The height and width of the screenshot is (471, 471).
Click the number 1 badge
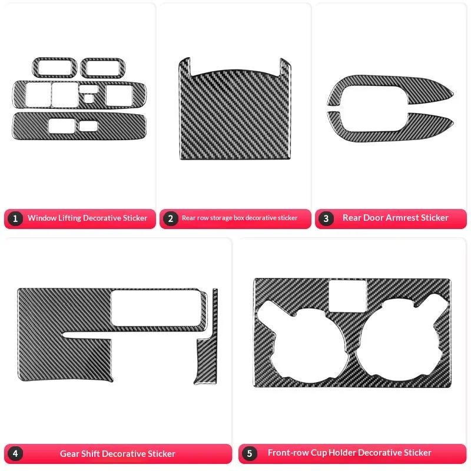pyautogui.click(x=16, y=218)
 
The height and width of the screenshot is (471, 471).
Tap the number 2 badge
pyautogui.click(x=171, y=218)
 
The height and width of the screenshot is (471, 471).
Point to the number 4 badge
pyautogui.click(x=16, y=454)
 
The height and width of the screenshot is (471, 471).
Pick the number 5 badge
pyautogui.click(x=250, y=453)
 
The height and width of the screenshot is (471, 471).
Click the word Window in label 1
pyautogui.click(x=41, y=218)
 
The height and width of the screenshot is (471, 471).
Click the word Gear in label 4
pyautogui.click(x=69, y=454)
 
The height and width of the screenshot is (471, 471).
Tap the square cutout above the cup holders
pyautogui.click(x=348, y=295)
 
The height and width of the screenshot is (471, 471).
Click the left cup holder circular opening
pyautogui.click(x=304, y=338)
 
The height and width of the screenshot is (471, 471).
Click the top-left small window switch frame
pyautogui.click(x=54, y=68)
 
